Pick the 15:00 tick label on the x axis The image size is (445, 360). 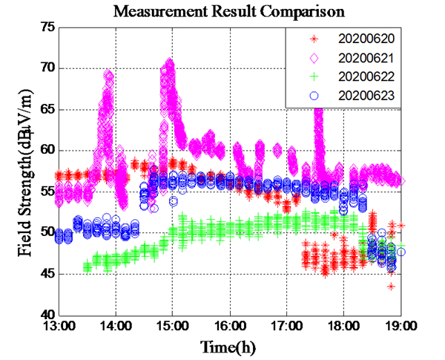pos(172,327)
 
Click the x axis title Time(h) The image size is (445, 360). pos(228,347)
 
